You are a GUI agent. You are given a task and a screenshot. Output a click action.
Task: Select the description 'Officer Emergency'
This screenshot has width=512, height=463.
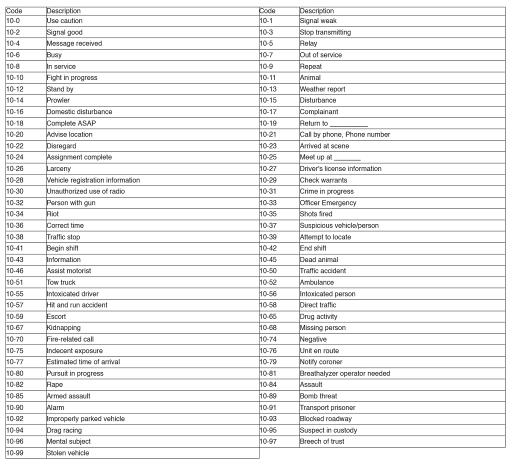coord(328,203)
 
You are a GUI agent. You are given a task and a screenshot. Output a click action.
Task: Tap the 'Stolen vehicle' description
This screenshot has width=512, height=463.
coord(67,453)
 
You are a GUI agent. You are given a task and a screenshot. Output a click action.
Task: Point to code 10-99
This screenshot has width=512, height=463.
coord(14,453)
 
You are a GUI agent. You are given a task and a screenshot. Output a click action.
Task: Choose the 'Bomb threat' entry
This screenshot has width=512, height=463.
coord(318,396)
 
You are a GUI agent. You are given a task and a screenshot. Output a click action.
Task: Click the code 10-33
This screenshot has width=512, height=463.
coord(268,203)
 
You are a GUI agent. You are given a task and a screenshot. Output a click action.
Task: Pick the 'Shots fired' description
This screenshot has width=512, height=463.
coord(315,214)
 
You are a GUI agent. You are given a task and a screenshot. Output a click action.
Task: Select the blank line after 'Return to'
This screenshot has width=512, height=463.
coord(348,124)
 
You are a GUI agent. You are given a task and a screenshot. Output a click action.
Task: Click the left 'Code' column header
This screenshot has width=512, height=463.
coord(14,10)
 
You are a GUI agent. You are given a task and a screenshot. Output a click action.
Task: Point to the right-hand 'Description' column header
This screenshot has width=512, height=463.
coord(316,10)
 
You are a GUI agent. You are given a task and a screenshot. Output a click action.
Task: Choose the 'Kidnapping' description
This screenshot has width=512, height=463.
coord(63,328)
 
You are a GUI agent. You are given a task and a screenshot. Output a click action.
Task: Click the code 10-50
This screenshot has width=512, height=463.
coord(268,271)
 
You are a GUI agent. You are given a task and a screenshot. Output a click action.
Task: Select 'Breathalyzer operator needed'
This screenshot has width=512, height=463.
coord(344,373)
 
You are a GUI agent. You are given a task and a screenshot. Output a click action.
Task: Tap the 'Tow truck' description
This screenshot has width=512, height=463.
coord(61,282)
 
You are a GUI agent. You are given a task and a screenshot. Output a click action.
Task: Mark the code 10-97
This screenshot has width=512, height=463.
coord(268,441)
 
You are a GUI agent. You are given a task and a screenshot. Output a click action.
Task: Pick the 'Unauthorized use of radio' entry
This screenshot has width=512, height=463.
coord(85,191)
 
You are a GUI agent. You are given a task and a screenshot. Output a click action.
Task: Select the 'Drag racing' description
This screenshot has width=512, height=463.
coord(64,430)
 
